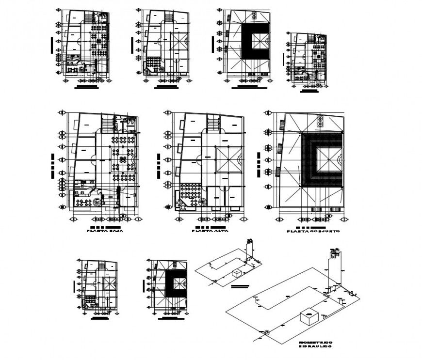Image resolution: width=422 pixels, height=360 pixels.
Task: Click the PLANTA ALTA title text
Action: pos(210,232)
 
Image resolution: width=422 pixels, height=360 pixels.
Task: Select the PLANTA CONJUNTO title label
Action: pos(313,232)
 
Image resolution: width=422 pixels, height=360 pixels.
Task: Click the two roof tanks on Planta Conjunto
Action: pos(320,121)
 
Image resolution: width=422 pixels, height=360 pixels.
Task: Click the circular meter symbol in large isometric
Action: pos(266,332)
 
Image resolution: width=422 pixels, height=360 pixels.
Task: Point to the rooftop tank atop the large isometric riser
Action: pos(335,252)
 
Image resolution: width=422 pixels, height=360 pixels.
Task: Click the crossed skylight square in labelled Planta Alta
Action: pos(228,159)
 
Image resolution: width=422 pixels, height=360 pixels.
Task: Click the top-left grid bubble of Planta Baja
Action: pos(62,113)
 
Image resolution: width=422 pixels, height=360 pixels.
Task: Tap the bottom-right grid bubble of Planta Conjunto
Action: pos(345,219)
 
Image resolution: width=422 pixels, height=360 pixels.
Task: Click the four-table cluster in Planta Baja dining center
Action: pos(119,160)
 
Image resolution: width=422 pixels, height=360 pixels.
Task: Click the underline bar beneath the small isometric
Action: pos(240,287)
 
